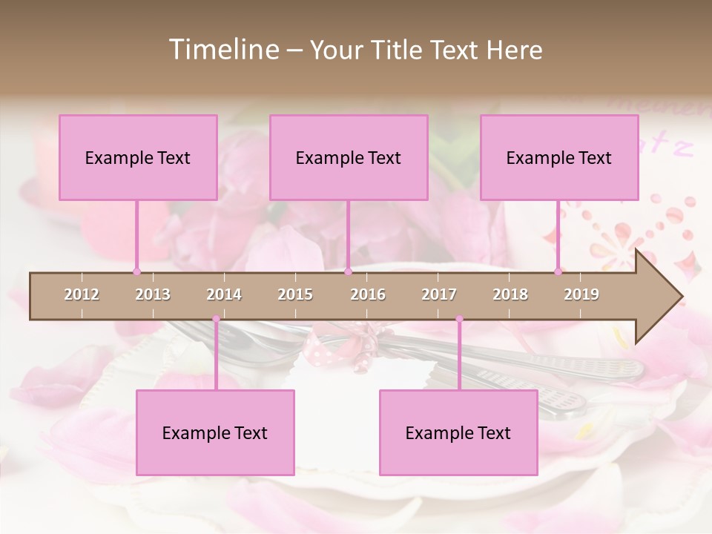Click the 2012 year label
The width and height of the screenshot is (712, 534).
[x=82, y=294]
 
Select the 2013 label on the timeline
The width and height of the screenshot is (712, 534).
[x=153, y=294]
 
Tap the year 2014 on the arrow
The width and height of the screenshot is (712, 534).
[x=224, y=294]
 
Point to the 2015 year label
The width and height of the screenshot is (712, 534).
[x=295, y=294]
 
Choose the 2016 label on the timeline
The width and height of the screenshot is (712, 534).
[x=368, y=294]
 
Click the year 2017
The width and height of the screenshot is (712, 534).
[x=439, y=294]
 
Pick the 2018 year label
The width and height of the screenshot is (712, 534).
[x=510, y=294]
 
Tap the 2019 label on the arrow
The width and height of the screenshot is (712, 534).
[x=581, y=294]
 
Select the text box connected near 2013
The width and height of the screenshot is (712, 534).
[x=138, y=157]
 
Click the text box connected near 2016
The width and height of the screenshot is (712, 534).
[x=349, y=157]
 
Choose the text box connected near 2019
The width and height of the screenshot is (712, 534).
[x=559, y=157]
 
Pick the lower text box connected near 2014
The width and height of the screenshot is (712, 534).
[x=215, y=432]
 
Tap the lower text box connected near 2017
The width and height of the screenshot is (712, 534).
[x=458, y=432]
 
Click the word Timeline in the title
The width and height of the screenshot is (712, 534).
[x=222, y=50]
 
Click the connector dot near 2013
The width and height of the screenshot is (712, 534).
[x=136, y=271]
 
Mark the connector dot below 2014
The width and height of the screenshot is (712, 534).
[x=216, y=320]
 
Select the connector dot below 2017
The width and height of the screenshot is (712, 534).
[x=459, y=320]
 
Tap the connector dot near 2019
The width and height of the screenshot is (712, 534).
[x=558, y=271]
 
